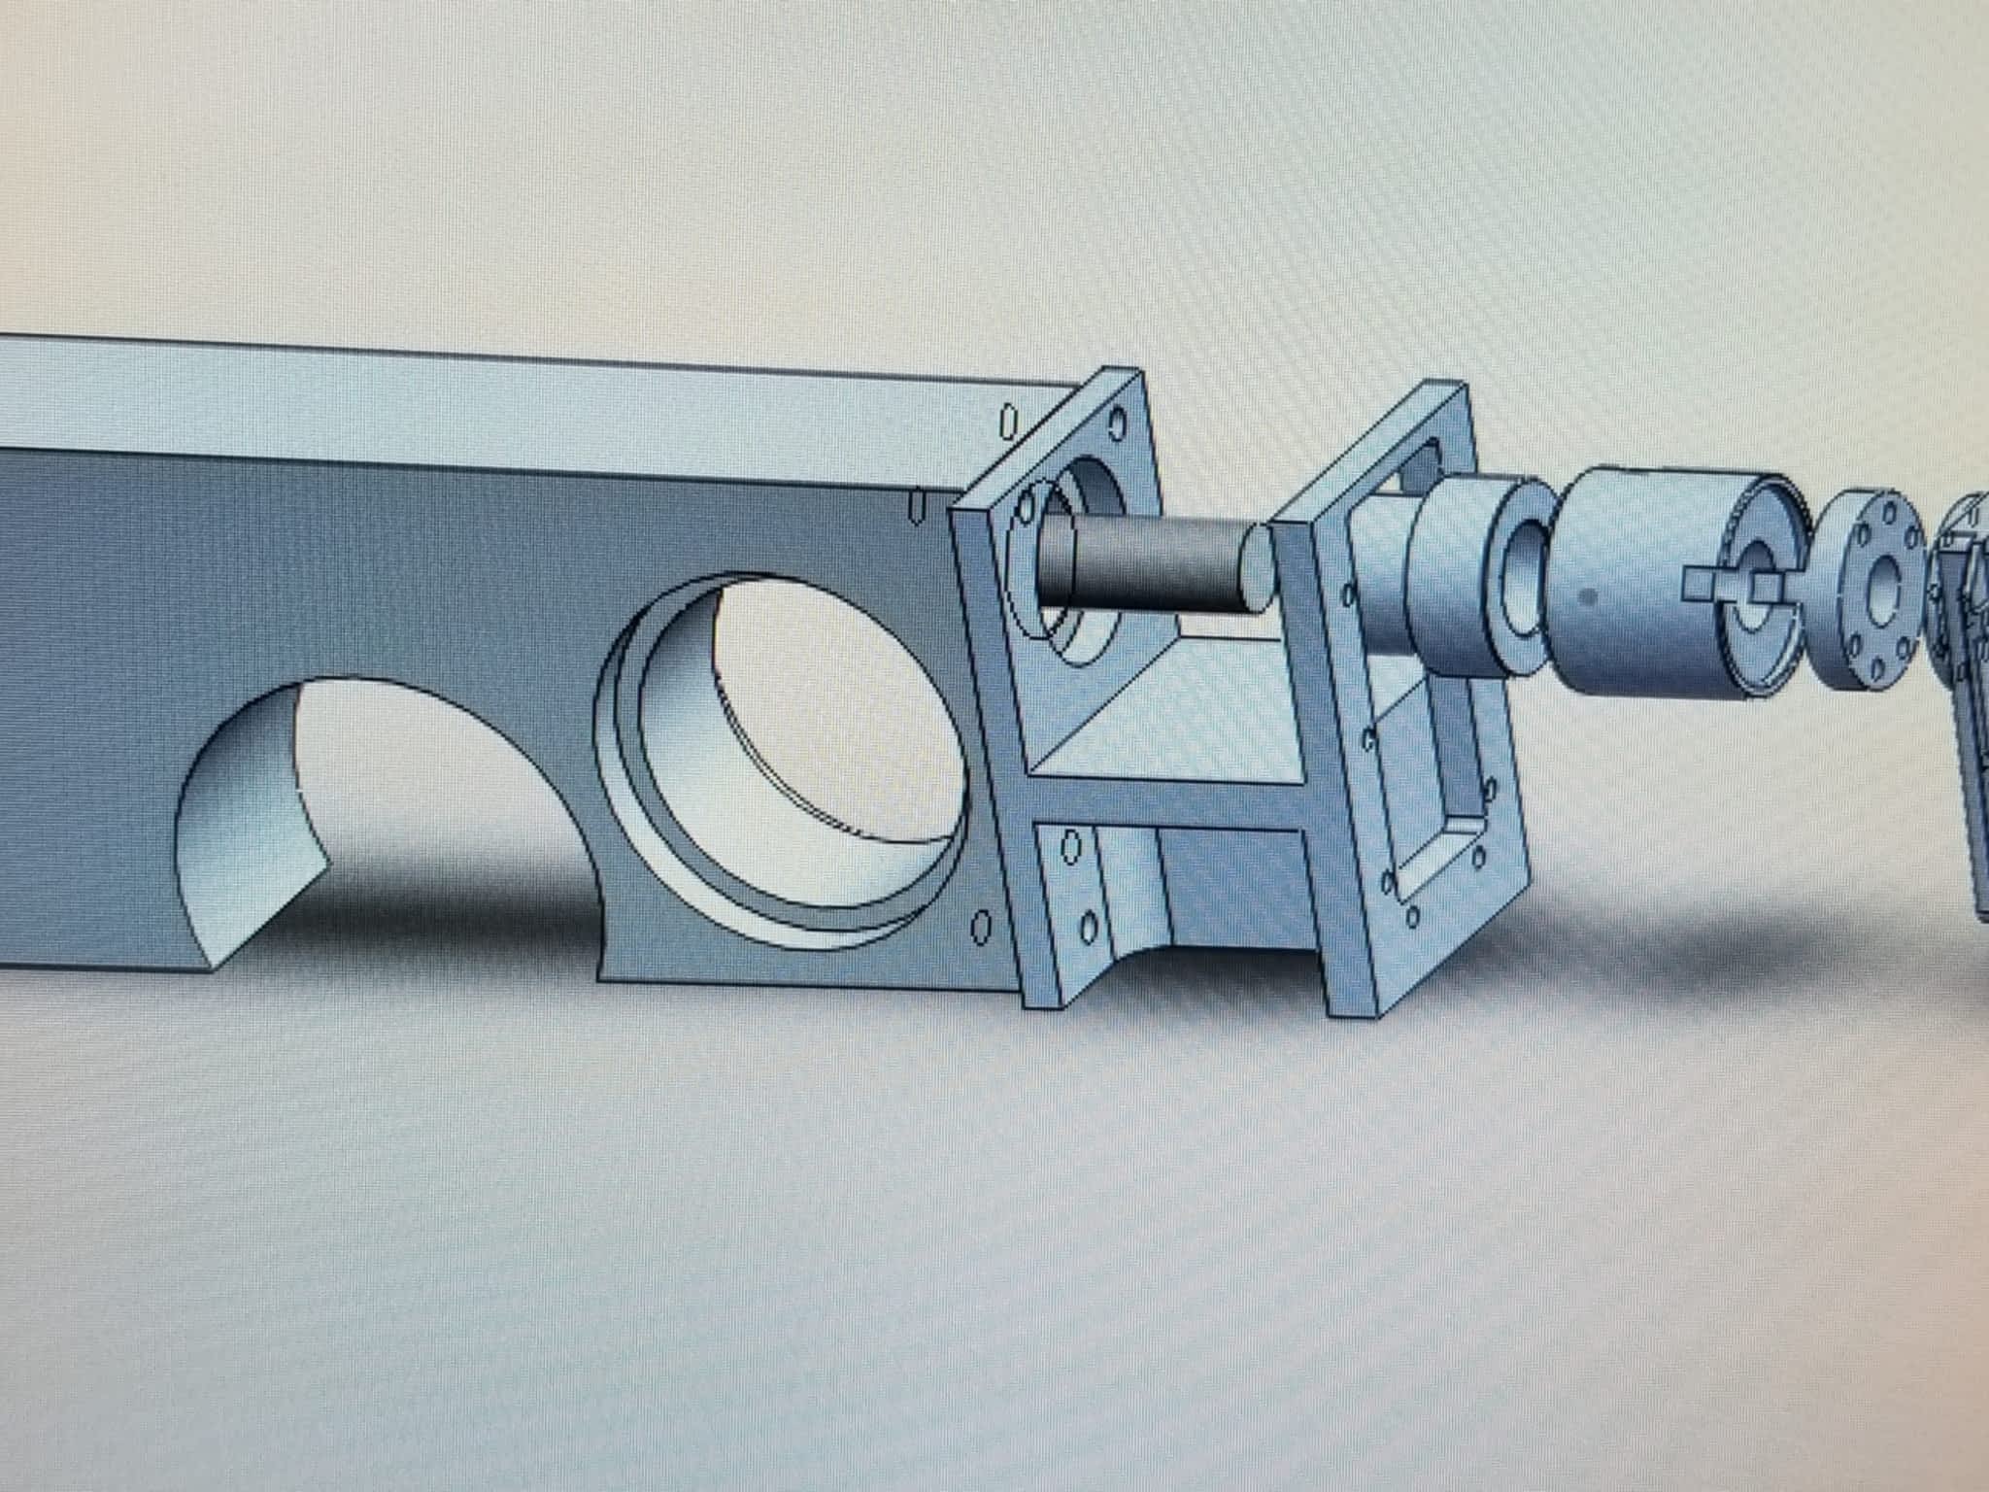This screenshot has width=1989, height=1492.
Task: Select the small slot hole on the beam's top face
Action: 1008,421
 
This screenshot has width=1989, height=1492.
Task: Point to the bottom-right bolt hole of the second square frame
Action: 1478,857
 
